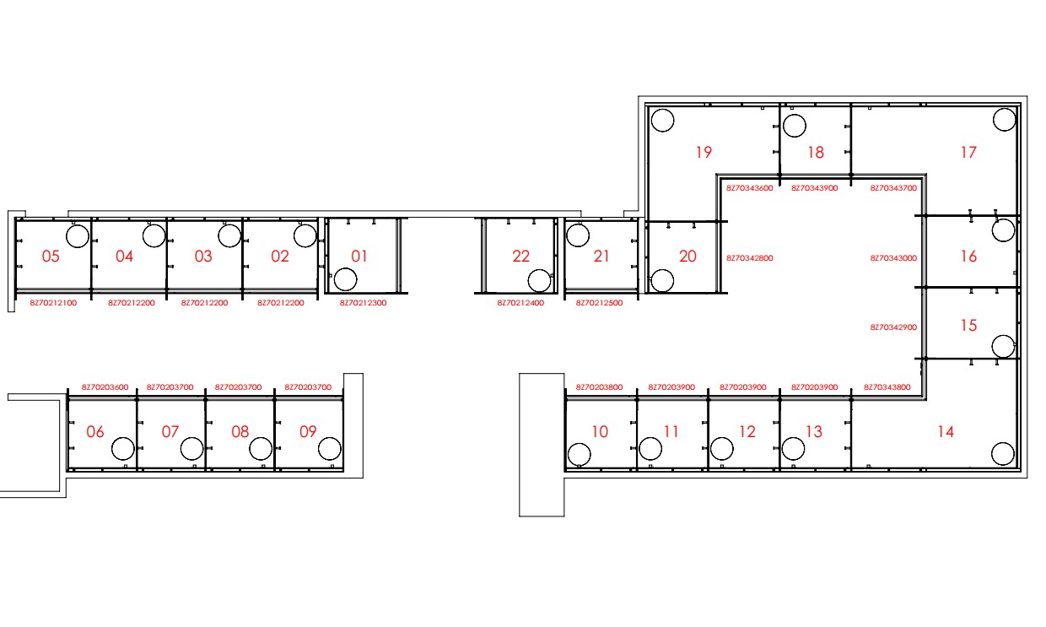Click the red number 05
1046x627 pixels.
pyautogui.click(x=51, y=256)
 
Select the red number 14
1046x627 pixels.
pyautogui.click(x=946, y=431)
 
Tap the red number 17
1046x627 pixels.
pyautogui.click(x=968, y=152)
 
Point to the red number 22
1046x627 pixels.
pyautogui.click(x=520, y=256)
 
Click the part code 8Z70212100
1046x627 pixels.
pyautogui.click(x=53, y=303)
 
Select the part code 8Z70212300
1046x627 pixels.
pyautogui.click(x=363, y=303)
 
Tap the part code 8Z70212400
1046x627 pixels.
pyautogui.click(x=520, y=303)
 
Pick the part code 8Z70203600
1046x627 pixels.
pyautogui.click(x=105, y=386)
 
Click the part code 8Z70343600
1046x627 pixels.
pyautogui.click(x=749, y=188)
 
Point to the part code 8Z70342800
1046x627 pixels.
pyautogui.click(x=749, y=258)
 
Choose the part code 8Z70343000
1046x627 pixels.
pyautogui.click(x=893, y=258)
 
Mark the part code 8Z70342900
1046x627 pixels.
pyautogui.click(x=893, y=327)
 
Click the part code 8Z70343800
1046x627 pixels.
pyautogui.click(x=887, y=386)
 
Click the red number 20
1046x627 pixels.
pyautogui.click(x=687, y=256)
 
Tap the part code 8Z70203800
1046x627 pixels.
pyautogui.click(x=599, y=386)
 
